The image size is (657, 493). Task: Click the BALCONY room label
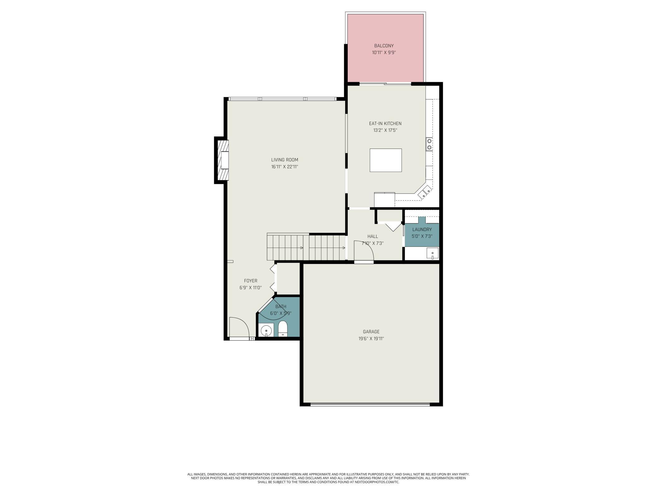pos(384,46)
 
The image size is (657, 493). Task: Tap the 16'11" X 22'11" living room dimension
pos(285,167)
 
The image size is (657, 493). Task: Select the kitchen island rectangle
pos(386,160)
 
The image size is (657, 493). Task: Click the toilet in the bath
pos(283,329)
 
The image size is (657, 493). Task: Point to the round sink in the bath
pos(266,330)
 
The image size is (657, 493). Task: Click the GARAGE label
pos(371,332)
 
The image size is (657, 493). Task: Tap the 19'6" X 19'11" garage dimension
pos(371,338)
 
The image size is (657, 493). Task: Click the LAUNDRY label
pos(422,229)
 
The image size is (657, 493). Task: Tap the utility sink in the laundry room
pos(432,253)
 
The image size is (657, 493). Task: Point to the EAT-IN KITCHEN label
pos(385,124)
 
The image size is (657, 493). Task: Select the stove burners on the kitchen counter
pos(429,144)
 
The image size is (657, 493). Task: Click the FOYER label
pos(250,281)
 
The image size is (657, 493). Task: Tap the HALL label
pos(372,236)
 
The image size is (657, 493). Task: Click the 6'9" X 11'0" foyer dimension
pos(250,288)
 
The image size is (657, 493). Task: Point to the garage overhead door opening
pos(370,404)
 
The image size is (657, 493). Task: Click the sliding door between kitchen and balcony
pos(385,84)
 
